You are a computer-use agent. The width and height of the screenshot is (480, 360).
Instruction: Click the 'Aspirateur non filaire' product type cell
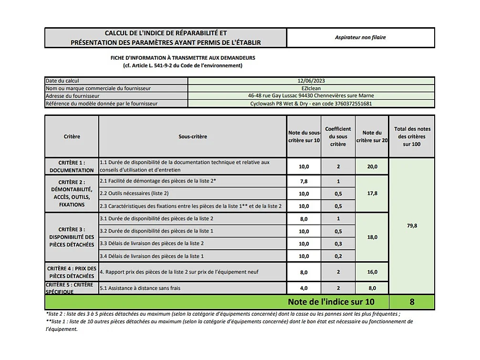[x=360, y=37]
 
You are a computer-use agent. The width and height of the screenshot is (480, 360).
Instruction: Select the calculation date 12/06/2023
[x=311, y=81]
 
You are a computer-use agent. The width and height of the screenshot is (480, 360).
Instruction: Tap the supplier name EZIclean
[x=311, y=88]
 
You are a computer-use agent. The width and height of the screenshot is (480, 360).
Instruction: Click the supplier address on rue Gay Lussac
[x=311, y=95]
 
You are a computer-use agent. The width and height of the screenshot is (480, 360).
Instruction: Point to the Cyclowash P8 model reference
[x=311, y=103]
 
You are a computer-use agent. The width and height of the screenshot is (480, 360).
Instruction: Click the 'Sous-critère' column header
[x=193, y=137]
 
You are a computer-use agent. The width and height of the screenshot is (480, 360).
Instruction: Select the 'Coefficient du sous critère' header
[x=338, y=137]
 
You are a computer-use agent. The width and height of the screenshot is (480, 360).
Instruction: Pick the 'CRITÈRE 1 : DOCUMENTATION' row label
[x=72, y=166]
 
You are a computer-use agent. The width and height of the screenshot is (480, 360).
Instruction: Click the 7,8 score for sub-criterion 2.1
[x=304, y=181]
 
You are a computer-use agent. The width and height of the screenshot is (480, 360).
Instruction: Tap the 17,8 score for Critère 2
[x=372, y=193]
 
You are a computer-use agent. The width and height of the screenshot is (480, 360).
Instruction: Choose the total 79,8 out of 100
[x=412, y=226]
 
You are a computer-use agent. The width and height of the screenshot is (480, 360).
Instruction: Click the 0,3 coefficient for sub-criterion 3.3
[x=338, y=244]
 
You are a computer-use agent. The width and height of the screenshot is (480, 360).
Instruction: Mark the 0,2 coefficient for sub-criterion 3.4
[x=338, y=256]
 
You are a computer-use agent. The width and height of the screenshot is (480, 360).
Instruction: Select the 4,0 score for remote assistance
[x=304, y=288]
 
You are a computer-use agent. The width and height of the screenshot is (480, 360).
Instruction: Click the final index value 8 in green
[x=412, y=302]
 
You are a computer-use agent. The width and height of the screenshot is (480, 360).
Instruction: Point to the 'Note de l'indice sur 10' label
[x=331, y=302]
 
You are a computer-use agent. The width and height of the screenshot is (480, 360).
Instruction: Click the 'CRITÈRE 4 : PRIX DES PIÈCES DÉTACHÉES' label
[x=72, y=272]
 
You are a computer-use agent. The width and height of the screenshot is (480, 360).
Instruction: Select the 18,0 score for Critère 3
[x=372, y=237]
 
